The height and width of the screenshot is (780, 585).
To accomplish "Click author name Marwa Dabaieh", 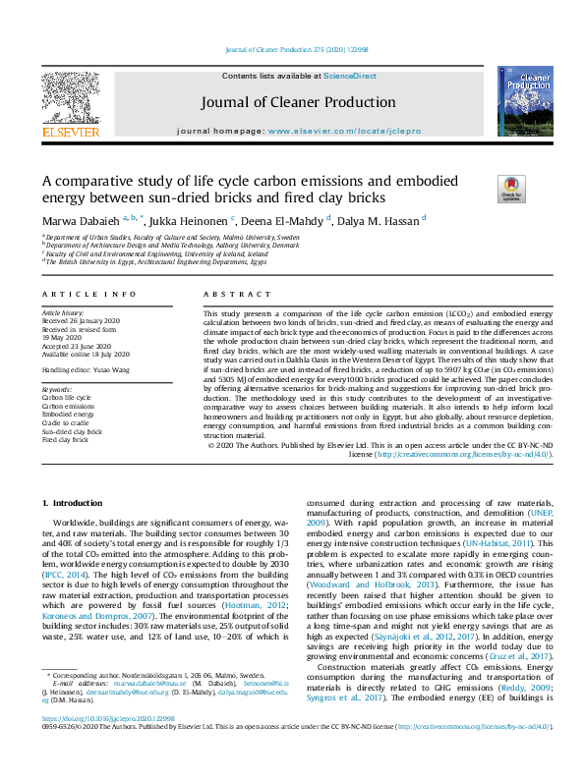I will click(80, 220).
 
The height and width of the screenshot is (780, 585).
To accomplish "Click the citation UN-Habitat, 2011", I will click(499, 541).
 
